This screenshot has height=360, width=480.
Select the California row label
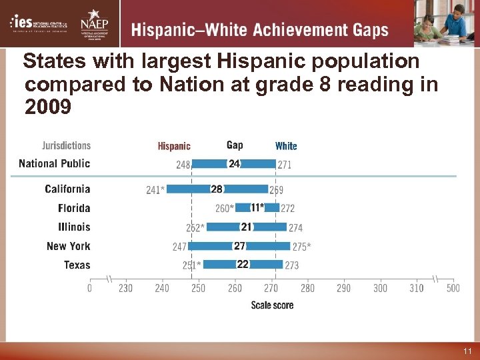(67, 189)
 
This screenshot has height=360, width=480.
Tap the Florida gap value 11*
(257, 208)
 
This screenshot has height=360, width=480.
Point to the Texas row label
(77, 265)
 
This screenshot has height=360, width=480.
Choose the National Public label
(54, 163)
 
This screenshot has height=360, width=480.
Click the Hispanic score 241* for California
(155, 190)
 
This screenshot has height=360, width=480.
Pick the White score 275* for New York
(301, 247)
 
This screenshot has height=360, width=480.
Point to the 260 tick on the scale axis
(235, 288)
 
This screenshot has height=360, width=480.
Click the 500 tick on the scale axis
(453, 288)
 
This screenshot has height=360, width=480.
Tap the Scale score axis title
(272, 305)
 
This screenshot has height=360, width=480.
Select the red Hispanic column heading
(174, 146)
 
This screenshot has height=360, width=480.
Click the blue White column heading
(286, 146)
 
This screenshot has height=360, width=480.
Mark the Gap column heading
(235, 145)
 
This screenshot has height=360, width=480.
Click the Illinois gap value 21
(246, 227)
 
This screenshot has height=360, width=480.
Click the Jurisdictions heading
(67, 145)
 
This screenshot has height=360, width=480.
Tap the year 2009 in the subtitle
(47, 106)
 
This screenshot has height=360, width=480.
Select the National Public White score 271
(284, 164)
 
